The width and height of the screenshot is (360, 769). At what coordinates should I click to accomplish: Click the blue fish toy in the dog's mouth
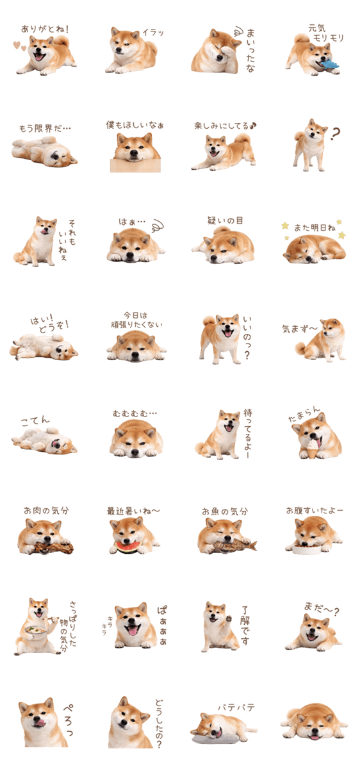(330, 64)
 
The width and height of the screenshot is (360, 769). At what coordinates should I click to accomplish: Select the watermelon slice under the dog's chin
(127, 547)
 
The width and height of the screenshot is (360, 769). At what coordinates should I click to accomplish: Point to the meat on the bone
(52, 546)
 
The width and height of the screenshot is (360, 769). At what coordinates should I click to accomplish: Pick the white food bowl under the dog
(306, 549)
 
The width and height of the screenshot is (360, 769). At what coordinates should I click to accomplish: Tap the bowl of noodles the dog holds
(35, 632)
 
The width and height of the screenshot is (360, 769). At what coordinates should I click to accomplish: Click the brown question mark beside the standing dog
(335, 133)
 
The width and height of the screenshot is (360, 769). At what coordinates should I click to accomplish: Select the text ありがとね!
(45, 29)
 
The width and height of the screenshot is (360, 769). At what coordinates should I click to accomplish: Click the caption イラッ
(153, 33)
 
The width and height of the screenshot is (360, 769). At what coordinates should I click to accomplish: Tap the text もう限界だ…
(45, 128)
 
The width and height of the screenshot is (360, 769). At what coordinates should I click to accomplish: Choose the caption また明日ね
(314, 227)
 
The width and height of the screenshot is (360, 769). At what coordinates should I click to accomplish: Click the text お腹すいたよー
(315, 511)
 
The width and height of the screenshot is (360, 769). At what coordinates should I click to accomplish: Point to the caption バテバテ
(236, 707)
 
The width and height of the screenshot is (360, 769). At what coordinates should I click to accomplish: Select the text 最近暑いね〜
(133, 511)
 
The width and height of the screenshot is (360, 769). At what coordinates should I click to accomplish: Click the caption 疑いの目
(225, 220)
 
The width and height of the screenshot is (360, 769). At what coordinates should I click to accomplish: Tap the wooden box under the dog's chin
(135, 165)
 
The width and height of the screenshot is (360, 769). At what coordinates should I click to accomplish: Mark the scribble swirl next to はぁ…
(157, 225)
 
